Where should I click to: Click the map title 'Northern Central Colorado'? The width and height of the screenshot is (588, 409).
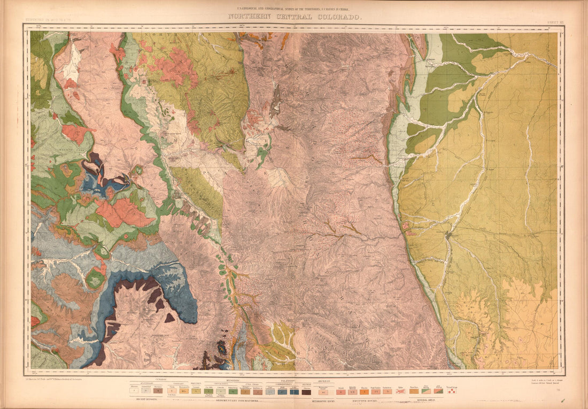[295, 17]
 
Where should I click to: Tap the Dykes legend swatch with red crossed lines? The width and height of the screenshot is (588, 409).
[400, 391]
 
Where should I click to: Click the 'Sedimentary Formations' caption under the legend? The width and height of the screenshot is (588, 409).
[236, 400]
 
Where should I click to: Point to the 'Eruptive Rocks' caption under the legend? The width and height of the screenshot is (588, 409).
[366, 400]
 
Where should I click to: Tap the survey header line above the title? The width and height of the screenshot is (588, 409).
[295, 10]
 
